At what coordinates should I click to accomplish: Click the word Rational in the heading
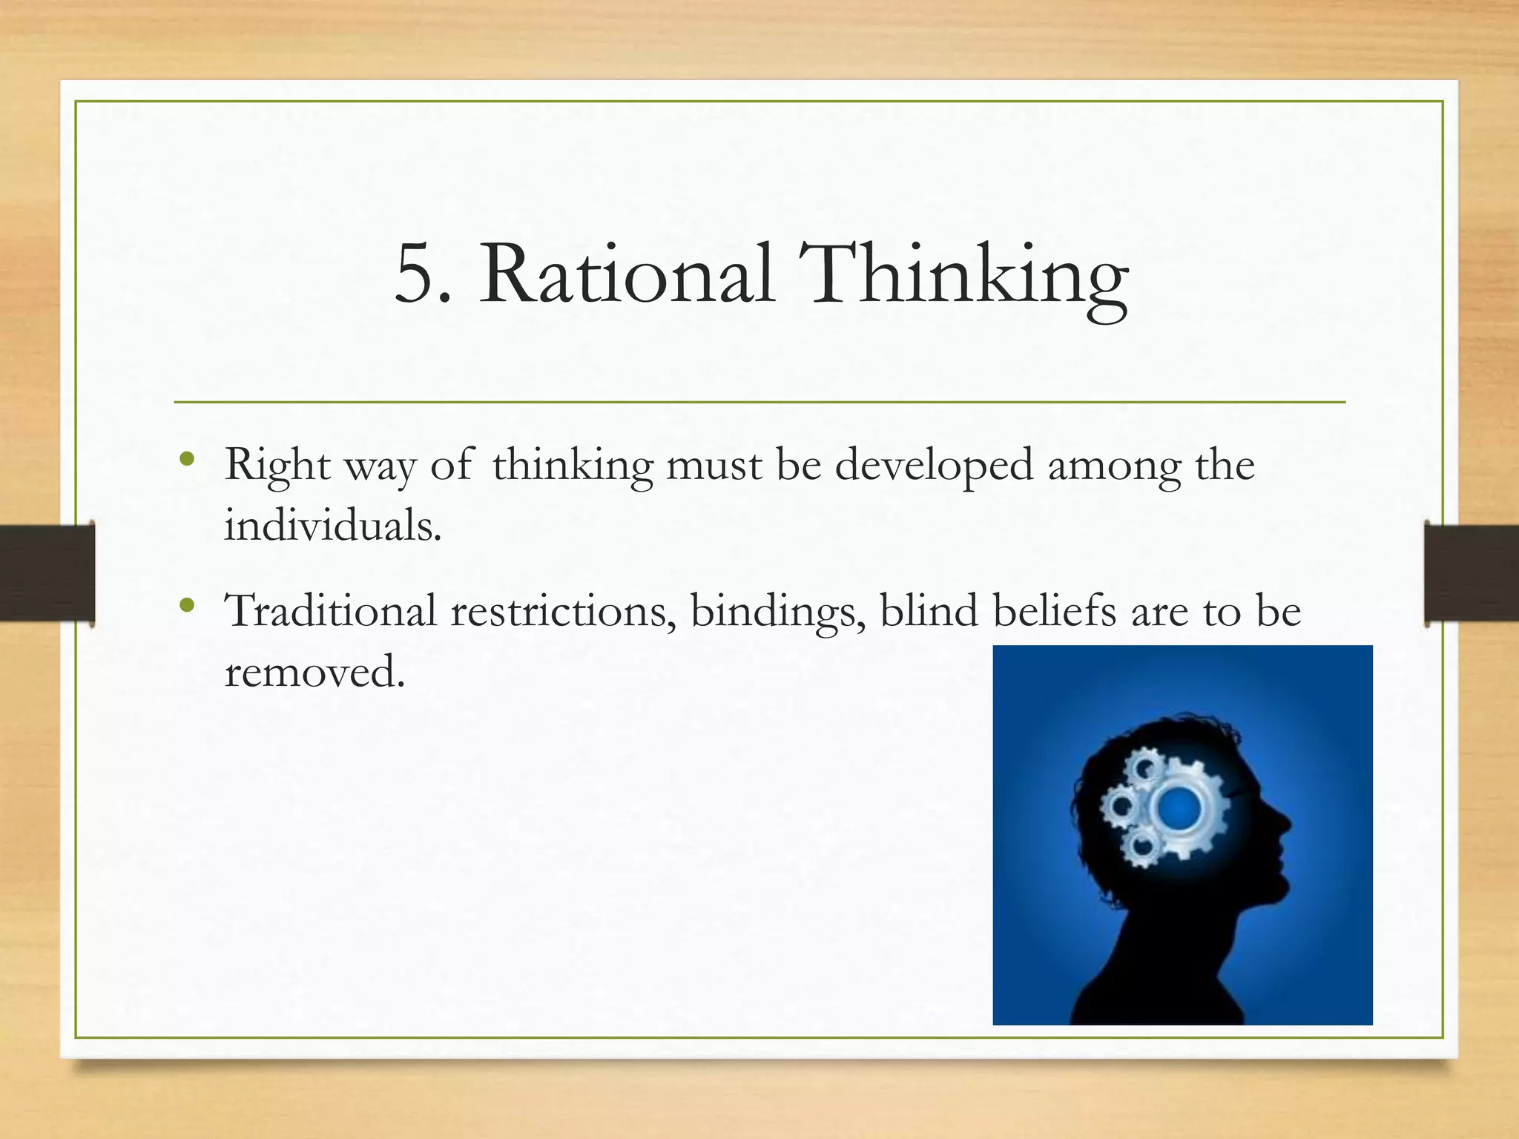[627, 274]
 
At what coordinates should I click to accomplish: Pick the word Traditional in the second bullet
[331, 611]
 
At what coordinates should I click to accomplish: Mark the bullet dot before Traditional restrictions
[188, 605]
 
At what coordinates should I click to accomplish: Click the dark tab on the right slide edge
[1472, 573]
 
